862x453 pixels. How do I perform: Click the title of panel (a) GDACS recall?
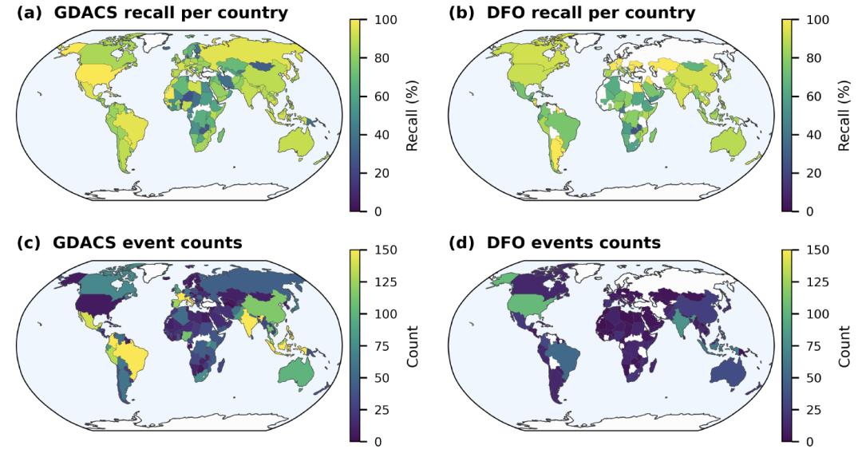pos(152,13)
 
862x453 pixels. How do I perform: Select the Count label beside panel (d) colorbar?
pos(844,345)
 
